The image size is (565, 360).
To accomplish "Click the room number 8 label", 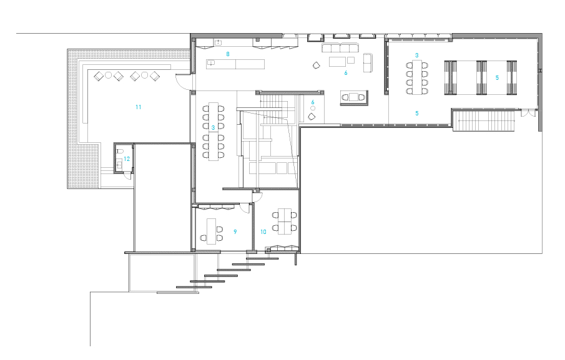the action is click(228, 54).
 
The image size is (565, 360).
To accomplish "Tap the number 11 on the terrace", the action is click(139, 107).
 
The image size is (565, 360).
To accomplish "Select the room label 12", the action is click(127, 158).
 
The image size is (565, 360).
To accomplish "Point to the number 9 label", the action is click(235, 232).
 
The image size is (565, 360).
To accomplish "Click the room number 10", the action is click(263, 232).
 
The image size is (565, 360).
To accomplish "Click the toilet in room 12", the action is click(120, 151).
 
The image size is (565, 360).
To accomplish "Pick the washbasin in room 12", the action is click(120, 165).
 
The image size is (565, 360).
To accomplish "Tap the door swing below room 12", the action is click(127, 177).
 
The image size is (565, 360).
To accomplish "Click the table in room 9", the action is click(211, 231).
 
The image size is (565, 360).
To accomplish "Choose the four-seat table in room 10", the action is click(285, 221).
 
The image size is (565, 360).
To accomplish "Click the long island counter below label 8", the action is click(235, 64).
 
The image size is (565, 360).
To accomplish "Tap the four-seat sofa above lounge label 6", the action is click(340, 48).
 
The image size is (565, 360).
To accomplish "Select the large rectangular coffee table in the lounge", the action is click(338, 62).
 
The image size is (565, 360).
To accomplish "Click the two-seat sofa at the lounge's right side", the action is click(368, 62).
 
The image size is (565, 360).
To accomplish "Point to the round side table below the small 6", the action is click(313, 109).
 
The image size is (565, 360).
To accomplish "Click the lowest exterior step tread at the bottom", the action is click(194, 287).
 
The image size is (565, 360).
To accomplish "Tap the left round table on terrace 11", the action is click(109, 75).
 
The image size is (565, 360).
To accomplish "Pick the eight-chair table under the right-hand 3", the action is click(417, 77).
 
